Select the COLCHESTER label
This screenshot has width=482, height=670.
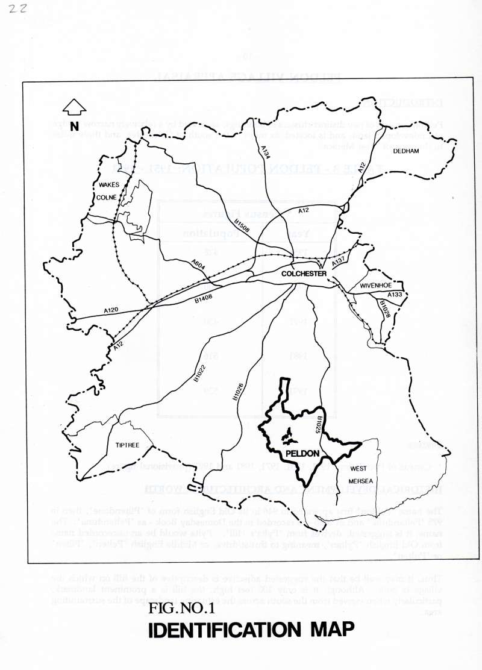click(x=304, y=274)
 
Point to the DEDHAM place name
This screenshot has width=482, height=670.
click(x=406, y=152)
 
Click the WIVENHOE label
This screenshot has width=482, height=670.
click(x=377, y=285)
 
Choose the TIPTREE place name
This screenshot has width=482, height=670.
click(x=127, y=445)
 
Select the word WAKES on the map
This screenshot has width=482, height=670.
click(x=109, y=185)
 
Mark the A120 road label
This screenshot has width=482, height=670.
click(x=111, y=310)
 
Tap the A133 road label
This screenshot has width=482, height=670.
click(x=394, y=294)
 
